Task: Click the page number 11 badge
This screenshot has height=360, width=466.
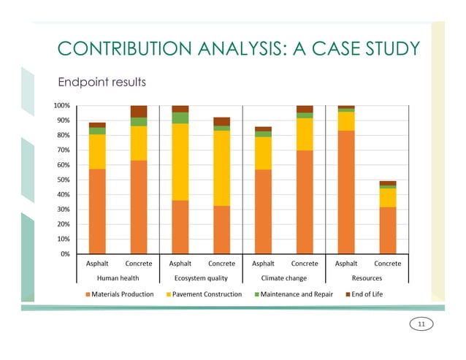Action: click(x=421, y=323)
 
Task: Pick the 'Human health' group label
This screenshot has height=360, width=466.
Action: click(x=118, y=277)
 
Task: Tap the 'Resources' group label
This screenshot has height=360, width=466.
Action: click(x=366, y=277)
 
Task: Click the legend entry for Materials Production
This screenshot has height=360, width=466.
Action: click(x=120, y=294)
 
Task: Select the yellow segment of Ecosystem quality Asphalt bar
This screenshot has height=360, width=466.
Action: click(x=180, y=161)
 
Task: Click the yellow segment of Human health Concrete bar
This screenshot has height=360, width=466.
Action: click(x=138, y=143)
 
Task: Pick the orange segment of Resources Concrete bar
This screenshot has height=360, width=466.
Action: click(x=388, y=230)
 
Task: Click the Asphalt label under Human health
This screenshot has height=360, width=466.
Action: click(x=97, y=264)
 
